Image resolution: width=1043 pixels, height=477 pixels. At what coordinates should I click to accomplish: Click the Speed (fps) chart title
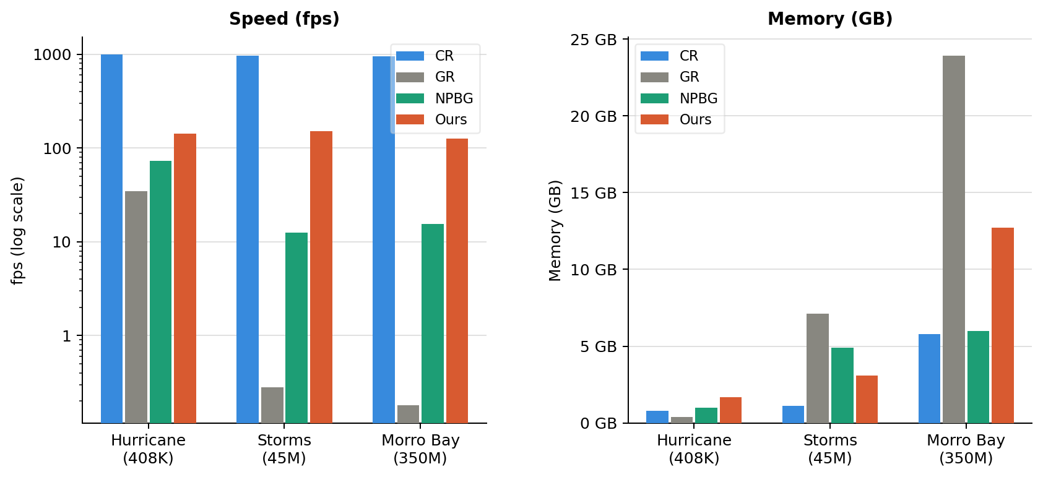click(284, 19)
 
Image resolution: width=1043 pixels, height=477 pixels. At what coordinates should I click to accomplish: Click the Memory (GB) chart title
click(829, 19)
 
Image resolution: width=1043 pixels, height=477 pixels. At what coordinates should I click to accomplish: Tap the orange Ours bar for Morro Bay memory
click(1002, 325)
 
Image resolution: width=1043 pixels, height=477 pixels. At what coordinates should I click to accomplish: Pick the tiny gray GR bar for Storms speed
click(272, 405)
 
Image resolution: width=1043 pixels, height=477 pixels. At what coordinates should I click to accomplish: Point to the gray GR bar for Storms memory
click(817, 368)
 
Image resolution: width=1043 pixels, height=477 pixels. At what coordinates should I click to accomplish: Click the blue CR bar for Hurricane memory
click(657, 417)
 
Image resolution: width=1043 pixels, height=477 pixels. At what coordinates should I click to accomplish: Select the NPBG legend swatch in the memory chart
click(654, 98)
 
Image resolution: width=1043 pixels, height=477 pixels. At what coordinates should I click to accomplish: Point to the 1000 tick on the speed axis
click(52, 55)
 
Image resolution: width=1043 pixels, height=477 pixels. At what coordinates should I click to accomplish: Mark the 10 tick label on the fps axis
click(61, 242)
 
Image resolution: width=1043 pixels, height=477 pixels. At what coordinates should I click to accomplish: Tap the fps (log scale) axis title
click(17, 230)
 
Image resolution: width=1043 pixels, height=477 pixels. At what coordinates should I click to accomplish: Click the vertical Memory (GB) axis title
click(555, 230)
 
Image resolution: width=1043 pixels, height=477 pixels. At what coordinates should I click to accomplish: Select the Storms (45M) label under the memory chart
click(829, 449)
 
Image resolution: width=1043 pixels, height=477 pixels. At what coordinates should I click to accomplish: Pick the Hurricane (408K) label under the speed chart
click(148, 449)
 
